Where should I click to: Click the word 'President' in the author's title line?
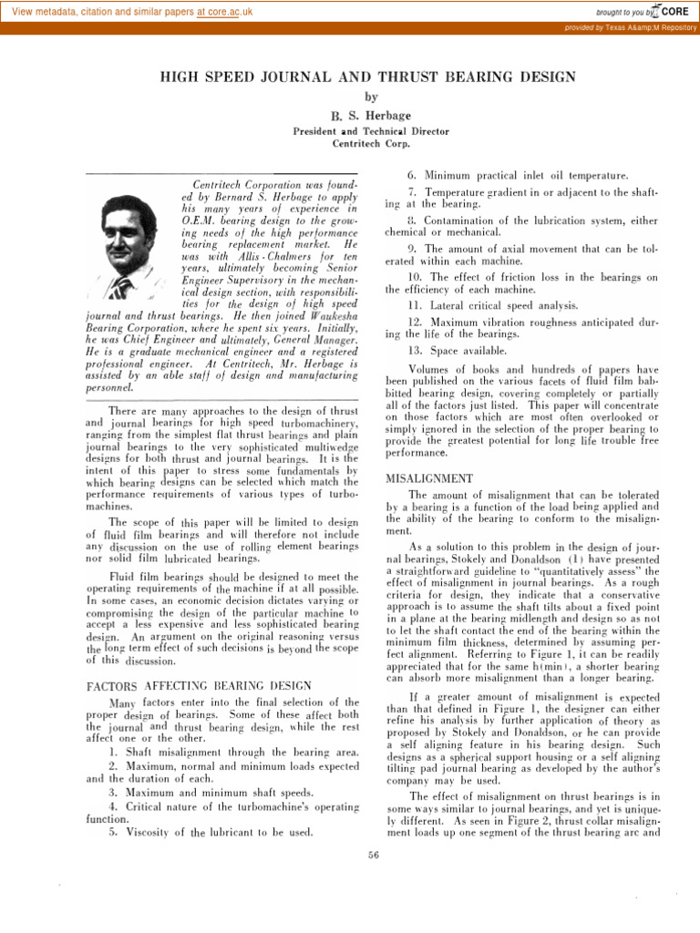(315, 131)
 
